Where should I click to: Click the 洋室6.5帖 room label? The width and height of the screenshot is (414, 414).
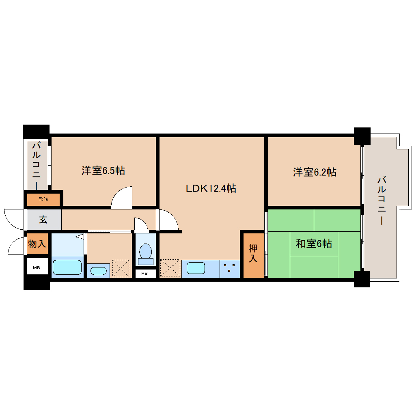(x=103, y=170)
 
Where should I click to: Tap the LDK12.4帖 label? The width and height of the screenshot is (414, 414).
(x=211, y=188)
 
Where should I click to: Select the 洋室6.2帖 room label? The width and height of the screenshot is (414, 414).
(x=315, y=172)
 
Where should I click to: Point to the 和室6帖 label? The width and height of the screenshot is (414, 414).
(x=314, y=244)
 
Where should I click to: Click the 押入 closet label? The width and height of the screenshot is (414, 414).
(x=253, y=253)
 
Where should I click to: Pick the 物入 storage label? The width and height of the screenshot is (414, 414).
(x=37, y=244)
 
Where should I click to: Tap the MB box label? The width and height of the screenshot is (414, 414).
(x=37, y=268)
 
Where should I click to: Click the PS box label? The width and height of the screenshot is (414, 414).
(x=144, y=273)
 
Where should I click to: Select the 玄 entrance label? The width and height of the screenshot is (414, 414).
(x=43, y=220)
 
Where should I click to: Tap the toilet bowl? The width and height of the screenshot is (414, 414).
(x=145, y=254)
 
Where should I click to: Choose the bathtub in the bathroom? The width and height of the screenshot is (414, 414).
(x=67, y=267)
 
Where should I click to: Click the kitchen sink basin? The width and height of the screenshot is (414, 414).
(x=196, y=268)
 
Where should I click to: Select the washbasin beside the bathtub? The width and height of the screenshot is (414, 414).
(x=98, y=271)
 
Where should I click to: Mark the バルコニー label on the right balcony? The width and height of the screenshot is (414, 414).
(x=382, y=201)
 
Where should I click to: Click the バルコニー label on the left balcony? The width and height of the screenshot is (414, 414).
(x=37, y=166)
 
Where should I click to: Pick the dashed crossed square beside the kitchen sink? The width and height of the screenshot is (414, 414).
(x=170, y=268)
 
